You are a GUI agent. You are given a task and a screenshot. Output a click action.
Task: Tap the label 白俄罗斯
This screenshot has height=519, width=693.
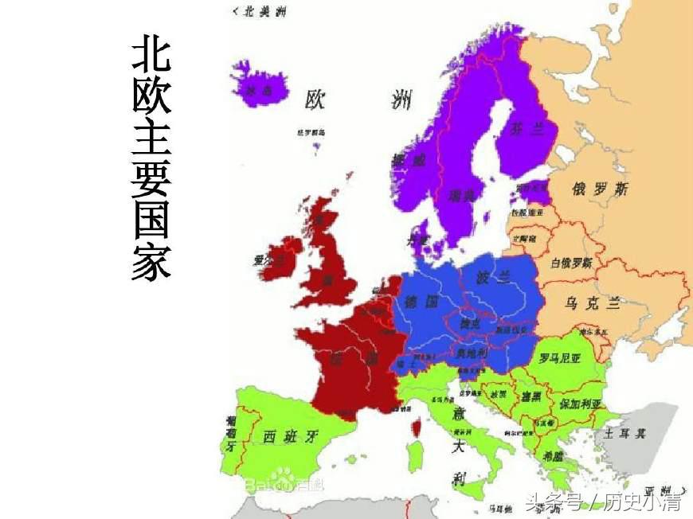[x=572, y=263]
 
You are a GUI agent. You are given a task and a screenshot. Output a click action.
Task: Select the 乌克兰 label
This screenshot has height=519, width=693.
[x=592, y=303]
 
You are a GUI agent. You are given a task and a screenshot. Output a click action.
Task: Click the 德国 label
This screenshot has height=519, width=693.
[x=422, y=302]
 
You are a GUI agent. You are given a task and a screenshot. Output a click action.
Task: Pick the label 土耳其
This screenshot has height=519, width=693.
[x=624, y=434]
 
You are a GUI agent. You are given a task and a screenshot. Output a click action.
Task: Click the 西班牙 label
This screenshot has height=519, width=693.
[x=290, y=435]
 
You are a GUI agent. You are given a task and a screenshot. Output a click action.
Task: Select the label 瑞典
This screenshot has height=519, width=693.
[x=461, y=194]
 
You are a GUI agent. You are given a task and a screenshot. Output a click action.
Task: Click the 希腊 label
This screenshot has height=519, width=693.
[x=553, y=456]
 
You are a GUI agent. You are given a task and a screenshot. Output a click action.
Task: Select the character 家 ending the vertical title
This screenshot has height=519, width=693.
[x=151, y=262]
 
